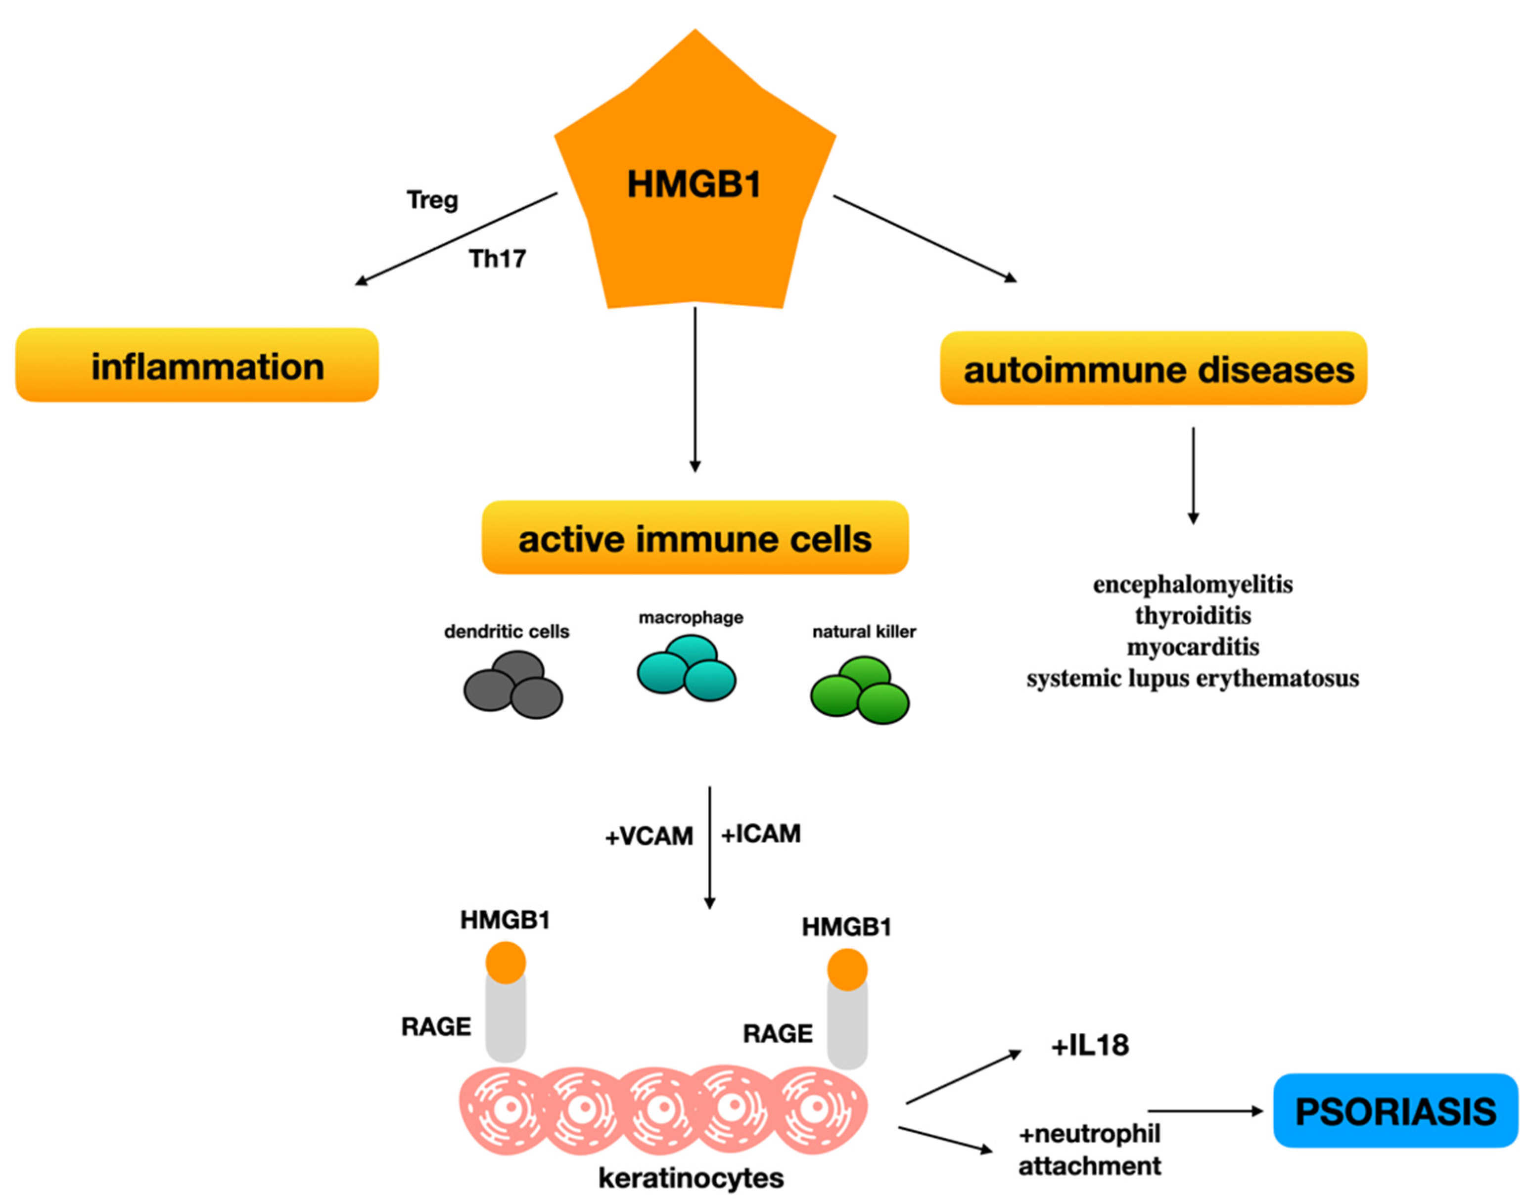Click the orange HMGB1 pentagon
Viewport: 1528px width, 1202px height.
click(x=694, y=183)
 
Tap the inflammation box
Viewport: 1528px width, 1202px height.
click(x=197, y=365)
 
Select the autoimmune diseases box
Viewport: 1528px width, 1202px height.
click(x=1153, y=368)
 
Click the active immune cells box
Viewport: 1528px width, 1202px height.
click(x=695, y=538)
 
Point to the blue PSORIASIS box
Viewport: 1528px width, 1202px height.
click(x=1395, y=1111)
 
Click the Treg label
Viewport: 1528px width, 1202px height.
click(x=432, y=200)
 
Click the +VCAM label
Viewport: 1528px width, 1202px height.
click(x=649, y=836)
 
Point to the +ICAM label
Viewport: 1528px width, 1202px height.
click(x=761, y=833)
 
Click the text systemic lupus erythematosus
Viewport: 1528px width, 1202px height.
click(x=1192, y=678)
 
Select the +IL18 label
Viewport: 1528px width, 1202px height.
click(x=1090, y=1046)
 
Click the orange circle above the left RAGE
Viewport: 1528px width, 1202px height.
click(x=506, y=963)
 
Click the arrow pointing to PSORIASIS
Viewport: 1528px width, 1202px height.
click(x=1205, y=1111)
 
